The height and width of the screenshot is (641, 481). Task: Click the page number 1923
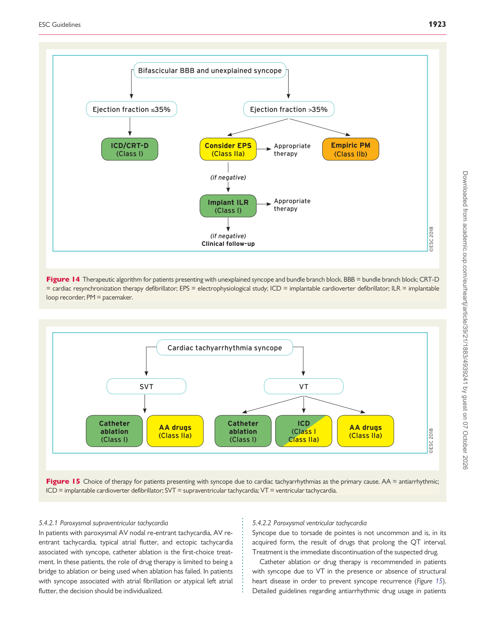[x=437, y=24]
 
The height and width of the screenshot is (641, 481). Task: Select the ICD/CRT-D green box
[x=129, y=149]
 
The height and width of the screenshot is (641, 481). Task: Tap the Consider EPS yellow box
[x=228, y=149]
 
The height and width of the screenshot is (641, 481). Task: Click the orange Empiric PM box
[x=350, y=149]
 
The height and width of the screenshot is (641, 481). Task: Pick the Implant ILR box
[x=228, y=206]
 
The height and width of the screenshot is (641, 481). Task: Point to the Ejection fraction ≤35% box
[x=132, y=109]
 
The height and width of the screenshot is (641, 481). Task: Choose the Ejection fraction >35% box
[x=289, y=109]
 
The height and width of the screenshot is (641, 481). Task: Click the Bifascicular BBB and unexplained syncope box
[x=210, y=70]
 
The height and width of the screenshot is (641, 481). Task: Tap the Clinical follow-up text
[x=228, y=244]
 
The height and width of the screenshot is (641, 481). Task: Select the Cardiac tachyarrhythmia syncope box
[x=225, y=347]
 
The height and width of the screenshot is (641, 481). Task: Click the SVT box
[x=146, y=386]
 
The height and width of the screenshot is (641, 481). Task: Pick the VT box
[x=304, y=386]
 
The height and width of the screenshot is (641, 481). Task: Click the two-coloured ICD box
[x=304, y=431]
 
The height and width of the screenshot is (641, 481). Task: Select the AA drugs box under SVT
[x=175, y=431]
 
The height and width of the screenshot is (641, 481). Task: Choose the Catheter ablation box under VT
[x=243, y=431]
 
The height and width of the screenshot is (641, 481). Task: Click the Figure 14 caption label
[x=63, y=279]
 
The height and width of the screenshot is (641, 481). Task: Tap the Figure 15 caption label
[x=63, y=481]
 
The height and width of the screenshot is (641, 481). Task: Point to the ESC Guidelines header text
[x=60, y=25]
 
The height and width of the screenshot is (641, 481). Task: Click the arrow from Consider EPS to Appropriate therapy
[x=264, y=149]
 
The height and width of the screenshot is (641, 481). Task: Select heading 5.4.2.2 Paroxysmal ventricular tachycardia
[x=309, y=523]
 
